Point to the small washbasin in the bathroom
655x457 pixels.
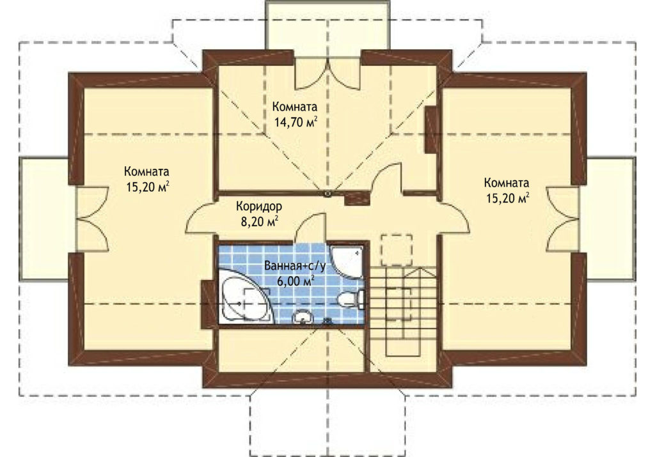303,318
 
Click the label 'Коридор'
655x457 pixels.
259,206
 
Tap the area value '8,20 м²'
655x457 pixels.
260,221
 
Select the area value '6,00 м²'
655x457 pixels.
296,281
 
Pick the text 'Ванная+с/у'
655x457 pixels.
295,266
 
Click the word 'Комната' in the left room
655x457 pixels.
146,171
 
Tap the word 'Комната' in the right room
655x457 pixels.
507,183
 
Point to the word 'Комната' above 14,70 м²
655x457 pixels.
294,107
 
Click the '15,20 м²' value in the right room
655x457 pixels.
507,198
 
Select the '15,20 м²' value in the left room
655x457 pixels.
148,187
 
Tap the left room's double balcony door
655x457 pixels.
93,219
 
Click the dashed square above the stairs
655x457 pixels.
396,250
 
